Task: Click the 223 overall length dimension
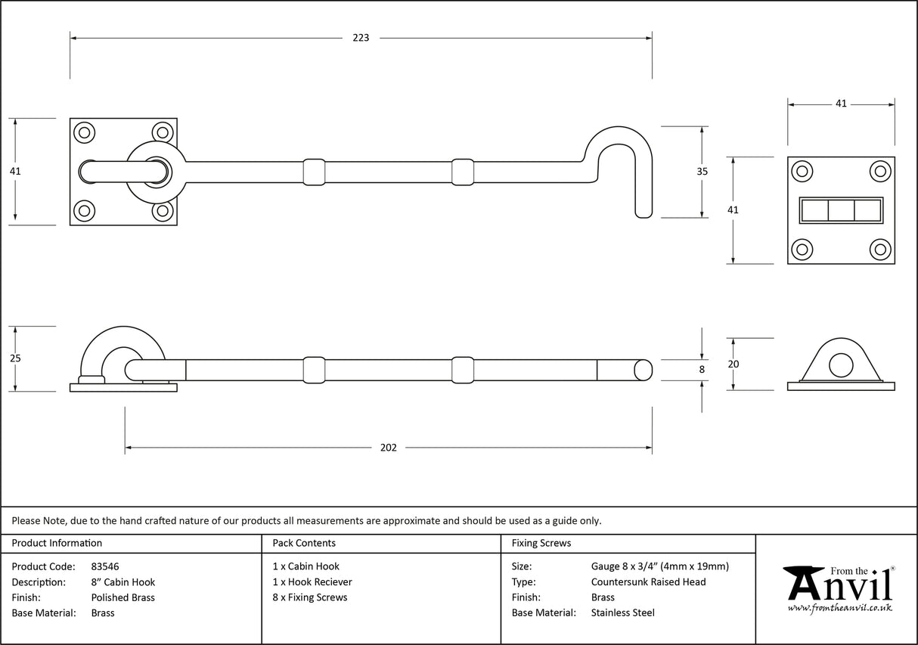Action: point(361,37)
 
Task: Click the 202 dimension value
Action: point(388,448)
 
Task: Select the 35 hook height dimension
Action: point(702,172)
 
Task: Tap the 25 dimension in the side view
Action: point(15,358)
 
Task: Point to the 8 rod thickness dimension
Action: point(702,370)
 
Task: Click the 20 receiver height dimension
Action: point(732,364)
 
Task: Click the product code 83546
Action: point(104,566)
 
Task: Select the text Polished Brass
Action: point(123,597)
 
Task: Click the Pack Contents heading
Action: point(304,543)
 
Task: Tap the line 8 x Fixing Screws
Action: point(310,597)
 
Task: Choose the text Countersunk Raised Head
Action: point(648,581)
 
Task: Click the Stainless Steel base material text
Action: point(622,613)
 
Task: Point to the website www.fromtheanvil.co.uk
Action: point(839,607)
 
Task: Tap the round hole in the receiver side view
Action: point(840,366)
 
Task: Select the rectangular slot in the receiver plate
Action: point(841,209)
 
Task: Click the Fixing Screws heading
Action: point(541,543)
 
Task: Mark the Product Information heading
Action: point(57,543)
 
